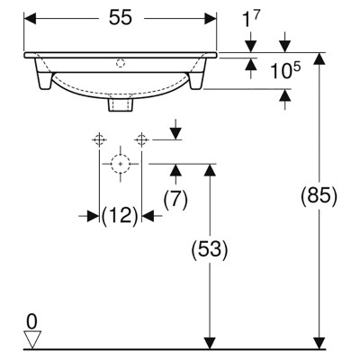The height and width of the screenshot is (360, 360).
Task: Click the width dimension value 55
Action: click(x=121, y=17)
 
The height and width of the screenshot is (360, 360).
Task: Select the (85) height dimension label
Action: click(x=319, y=196)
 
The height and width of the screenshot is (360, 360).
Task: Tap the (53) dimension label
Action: click(x=210, y=249)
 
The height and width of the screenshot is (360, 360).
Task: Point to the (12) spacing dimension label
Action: click(x=120, y=215)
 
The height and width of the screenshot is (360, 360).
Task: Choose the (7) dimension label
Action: click(x=175, y=200)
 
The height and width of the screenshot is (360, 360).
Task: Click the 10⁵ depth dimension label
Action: click(x=285, y=71)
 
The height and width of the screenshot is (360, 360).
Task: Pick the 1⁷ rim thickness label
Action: click(x=250, y=20)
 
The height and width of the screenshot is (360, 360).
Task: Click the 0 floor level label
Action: click(x=31, y=322)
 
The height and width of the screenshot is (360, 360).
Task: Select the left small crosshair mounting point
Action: click(x=99, y=139)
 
